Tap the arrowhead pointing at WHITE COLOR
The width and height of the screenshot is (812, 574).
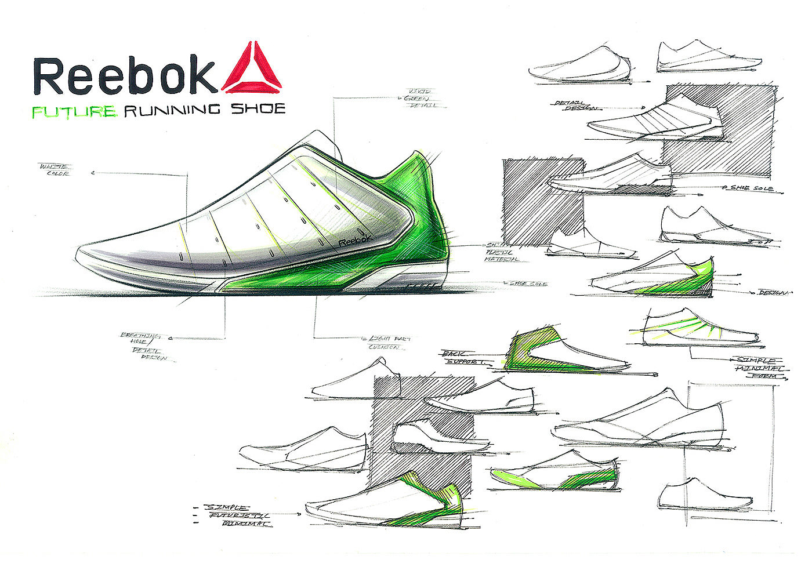[95, 172]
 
